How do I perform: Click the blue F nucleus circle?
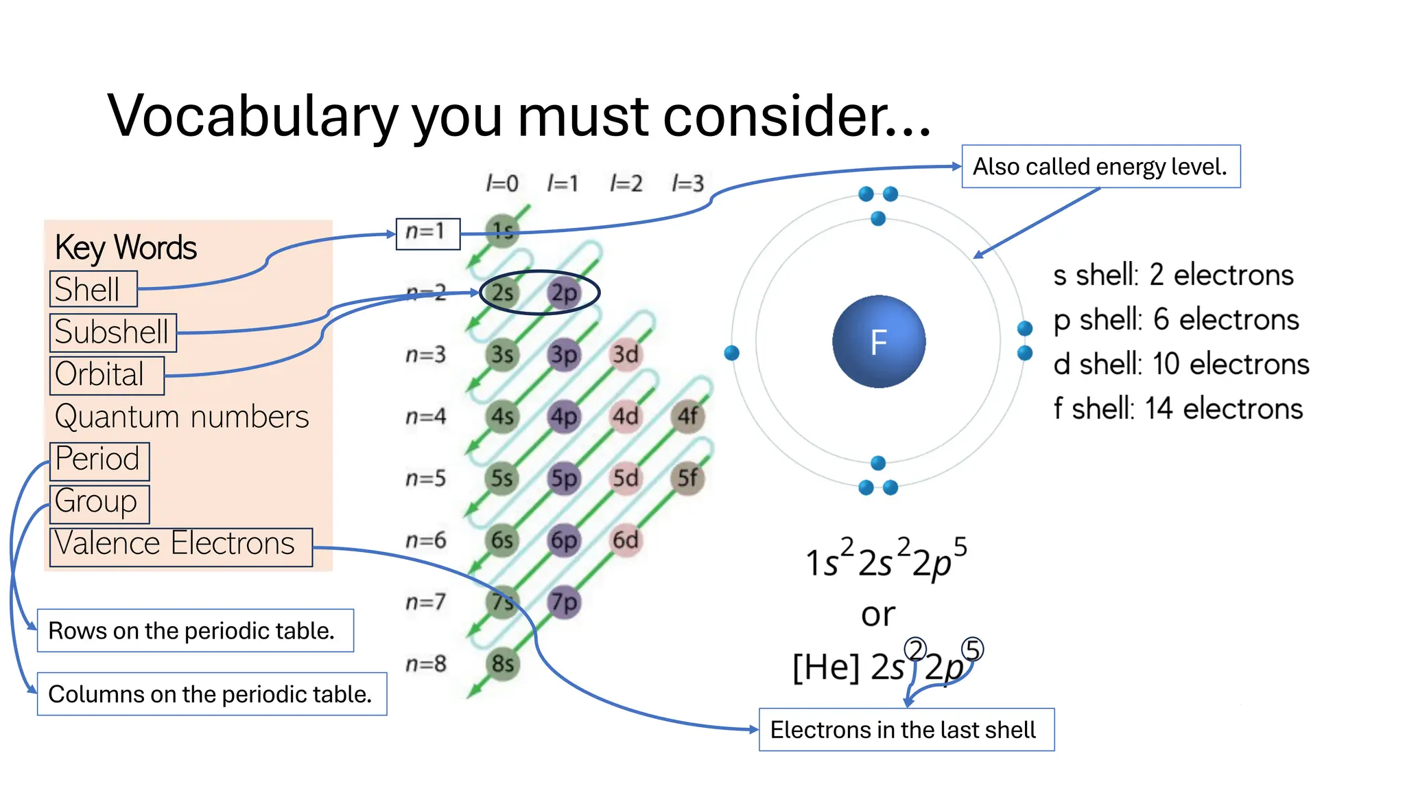[878, 341]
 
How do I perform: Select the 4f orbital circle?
[687, 416]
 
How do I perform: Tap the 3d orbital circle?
[626, 354]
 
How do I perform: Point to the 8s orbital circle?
[503, 664]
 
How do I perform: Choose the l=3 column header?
[688, 183]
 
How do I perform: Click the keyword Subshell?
[113, 332]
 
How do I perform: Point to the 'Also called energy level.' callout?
[1100, 166]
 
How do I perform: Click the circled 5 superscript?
[972, 649]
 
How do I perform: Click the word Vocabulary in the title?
[252, 115]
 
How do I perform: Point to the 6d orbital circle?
[626, 540]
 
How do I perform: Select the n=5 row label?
[426, 478]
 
